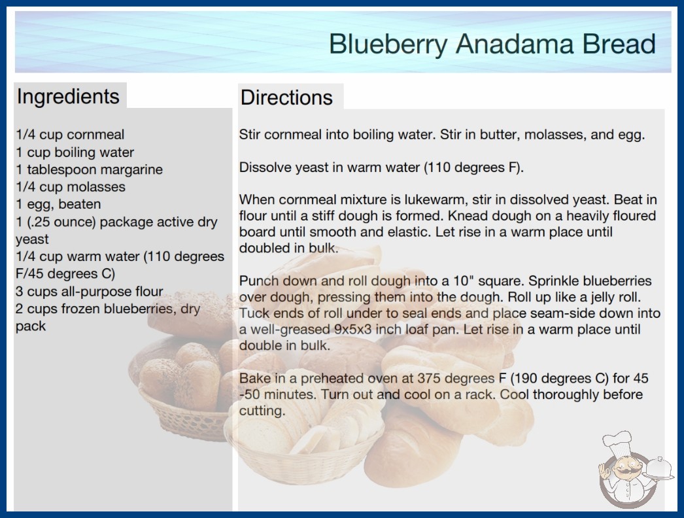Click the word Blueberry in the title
[x=388, y=44]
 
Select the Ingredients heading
[x=68, y=96]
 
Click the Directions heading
[x=286, y=97]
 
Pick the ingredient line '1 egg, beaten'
[x=58, y=204]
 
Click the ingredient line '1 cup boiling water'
[x=75, y=152]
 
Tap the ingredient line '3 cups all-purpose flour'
[x=90, y=291]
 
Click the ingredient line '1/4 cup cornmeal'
[x=70, y=135]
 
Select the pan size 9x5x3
[x=353, y=329]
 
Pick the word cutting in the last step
[x=262, y=411]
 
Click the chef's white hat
[x=617, y=441]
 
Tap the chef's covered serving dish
[x=658, y=468]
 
